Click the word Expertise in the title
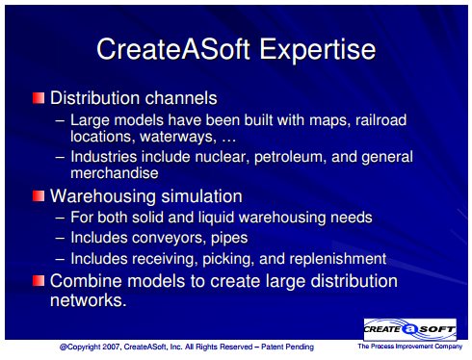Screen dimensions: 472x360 [x=317, y=50]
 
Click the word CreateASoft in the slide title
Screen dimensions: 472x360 [x=173, y=49]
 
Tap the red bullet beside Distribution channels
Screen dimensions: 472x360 [x=39, y=98]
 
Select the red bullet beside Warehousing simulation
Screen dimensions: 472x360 [x=39, y=195]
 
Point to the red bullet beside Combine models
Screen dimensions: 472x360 [x=39, y=281]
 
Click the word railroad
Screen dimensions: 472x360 [x=381, y=120]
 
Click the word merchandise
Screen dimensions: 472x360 [x=115, y=173]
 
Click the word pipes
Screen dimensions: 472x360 [x=229, y=239]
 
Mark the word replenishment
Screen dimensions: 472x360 [x=338, y=259]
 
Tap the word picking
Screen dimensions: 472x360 [x=226, y=259]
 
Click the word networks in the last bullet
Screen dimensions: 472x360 [x=88, y=300]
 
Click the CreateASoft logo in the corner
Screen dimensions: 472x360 [x=409, y=329]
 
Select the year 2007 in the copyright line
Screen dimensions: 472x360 [x=112, y=347]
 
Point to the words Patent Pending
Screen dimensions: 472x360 [x=287, y=347]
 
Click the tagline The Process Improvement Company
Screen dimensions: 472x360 [x=410, y=347]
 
